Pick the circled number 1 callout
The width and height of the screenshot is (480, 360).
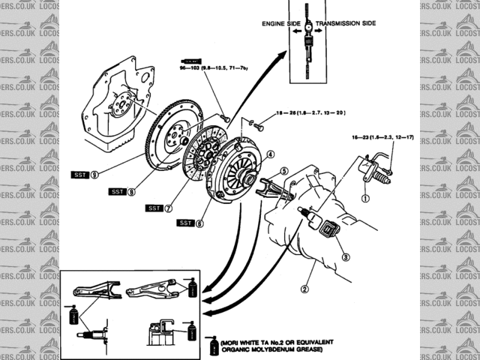click(365, 199)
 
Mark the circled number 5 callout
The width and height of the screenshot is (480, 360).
click(284, 171)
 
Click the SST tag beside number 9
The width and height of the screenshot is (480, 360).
click(80, 175)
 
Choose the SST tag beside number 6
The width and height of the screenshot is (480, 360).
click(184, 223)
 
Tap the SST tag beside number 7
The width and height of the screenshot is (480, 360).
click(154, 207)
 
